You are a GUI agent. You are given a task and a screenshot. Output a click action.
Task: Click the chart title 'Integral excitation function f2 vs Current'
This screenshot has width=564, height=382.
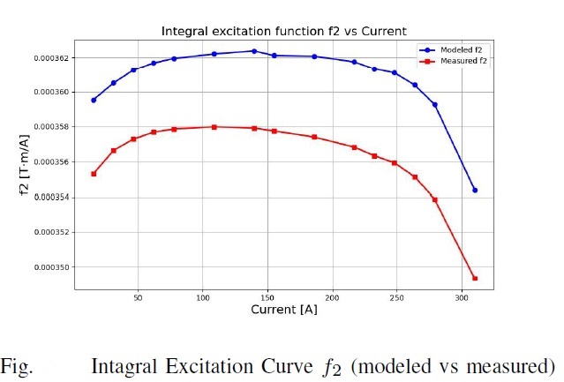tap(282, 31)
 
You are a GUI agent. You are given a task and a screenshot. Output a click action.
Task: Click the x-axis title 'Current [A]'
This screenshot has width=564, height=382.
tap(284, 311)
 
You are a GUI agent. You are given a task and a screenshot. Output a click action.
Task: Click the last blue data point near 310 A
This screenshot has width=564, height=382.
tap(475, 190)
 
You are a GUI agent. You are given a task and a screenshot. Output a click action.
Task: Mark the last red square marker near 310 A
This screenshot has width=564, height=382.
tap(475, 279)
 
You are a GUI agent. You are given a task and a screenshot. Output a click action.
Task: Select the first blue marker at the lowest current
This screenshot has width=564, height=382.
tap(94, 100)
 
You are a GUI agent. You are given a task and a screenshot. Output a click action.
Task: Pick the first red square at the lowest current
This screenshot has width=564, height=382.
tap(94, 174)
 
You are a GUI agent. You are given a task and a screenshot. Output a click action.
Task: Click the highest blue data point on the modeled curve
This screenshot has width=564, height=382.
tap(254, 51)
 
